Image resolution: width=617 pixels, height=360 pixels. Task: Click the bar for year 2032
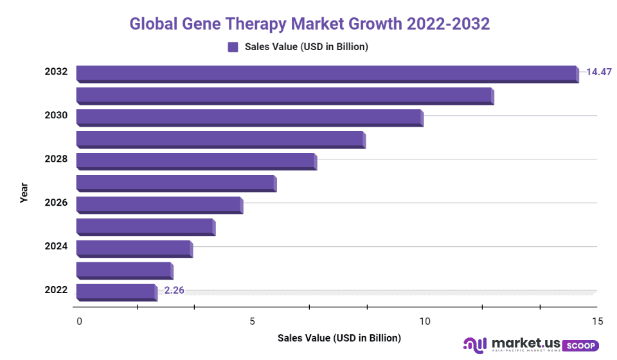coord(326,73)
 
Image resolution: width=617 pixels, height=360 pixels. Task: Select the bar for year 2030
coord(249,117)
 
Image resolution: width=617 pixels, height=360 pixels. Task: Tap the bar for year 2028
coord(196,161)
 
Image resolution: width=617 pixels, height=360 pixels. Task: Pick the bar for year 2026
coord(159,204)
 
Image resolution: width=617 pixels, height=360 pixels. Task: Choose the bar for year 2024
coord(134,248)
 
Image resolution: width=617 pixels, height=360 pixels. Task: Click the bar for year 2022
coord(116,292)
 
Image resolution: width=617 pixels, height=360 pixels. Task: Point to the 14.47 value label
coord(598,72)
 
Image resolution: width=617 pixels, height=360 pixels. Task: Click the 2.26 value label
coord(174,291)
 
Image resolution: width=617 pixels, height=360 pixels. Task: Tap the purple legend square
coord(233,47)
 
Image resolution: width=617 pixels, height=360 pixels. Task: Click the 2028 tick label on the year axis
coord(56,159)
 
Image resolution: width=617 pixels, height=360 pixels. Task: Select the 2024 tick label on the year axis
coord(56,246)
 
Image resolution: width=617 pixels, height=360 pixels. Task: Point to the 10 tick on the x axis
coord(424,321)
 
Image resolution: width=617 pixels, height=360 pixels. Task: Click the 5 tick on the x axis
coord(252,321)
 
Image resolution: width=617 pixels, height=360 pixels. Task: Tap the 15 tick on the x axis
coord(597,321)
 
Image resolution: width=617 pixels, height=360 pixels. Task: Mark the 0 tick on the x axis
coord(79,321)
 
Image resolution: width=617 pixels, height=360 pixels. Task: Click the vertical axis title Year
coord(24,193)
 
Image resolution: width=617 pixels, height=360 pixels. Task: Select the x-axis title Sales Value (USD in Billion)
coord(339,337)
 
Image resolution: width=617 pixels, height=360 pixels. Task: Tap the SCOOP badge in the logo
coord(580,345)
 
